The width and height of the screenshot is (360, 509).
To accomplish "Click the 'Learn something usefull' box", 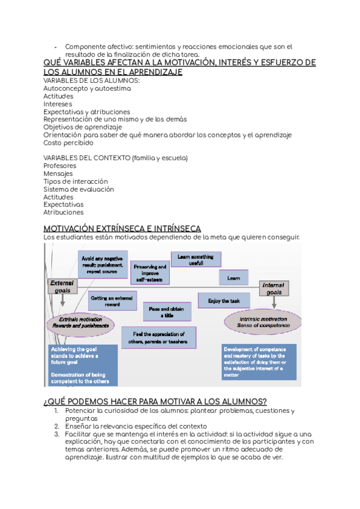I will pyautogui.click(x=196, y=260).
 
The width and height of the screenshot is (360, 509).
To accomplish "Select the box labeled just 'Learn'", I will pyautogui.click(x=233, y=279).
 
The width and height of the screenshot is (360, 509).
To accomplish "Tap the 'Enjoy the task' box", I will pyautogui.click(x=224, y=301).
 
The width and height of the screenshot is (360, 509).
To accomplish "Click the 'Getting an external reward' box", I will pyautogui.click(x=113, y=301).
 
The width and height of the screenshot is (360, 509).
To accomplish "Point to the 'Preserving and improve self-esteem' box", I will pyautogui.click(x=150, y=273).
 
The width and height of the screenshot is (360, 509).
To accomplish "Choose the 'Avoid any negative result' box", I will pyautogui.click(x=103, y=265).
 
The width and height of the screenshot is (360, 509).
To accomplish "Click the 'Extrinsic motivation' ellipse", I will pyautogui.click(x=81, y=322).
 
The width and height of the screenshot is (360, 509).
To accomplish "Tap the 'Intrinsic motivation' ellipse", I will pyautogui.click(x=263, y=322).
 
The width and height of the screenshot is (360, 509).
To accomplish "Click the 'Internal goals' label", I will pyautogui.click(x=274, y=289).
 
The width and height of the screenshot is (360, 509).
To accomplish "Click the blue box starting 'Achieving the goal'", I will pyautogui.click(x=82, y=365).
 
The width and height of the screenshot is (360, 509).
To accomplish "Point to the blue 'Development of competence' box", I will pyautogui.click(x=259, y=362).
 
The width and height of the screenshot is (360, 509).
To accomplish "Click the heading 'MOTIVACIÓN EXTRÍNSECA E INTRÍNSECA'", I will pyautogui.click(x=122, y=229).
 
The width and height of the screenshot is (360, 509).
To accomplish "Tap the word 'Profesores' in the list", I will pyautogui.click(x=60, y=166).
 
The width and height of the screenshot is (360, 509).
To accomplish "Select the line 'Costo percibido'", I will pyautogui.click(x=68, y=143).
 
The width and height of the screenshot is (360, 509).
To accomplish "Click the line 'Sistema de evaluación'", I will pyautogui.click(x=79, y=189).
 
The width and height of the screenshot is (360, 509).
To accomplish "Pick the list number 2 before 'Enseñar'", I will pyautogui.click(x=56, y=426).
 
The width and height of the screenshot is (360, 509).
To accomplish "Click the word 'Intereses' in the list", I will pyautogui.click(x=59, y=104).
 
